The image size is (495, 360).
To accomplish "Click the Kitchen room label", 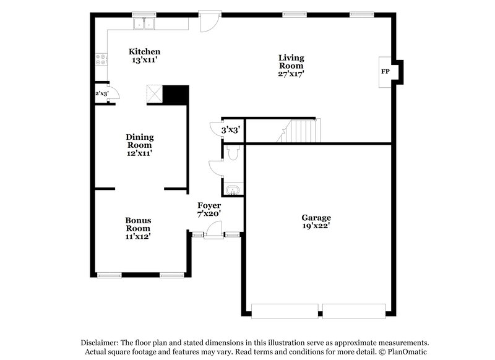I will tap(144, 51).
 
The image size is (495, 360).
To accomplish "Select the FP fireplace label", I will tap(385, 72).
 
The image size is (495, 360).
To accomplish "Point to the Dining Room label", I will tap(139, 137).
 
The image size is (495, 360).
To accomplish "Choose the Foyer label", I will tap(209, 205).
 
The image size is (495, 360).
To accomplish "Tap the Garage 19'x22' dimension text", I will tap(316, 226).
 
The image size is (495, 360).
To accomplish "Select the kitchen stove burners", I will tap(101, 60).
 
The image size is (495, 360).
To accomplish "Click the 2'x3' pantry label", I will tap(101, 93).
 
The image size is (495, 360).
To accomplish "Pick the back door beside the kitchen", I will tap(209, 20).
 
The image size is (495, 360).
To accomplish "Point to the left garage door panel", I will tap(285, 311).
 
